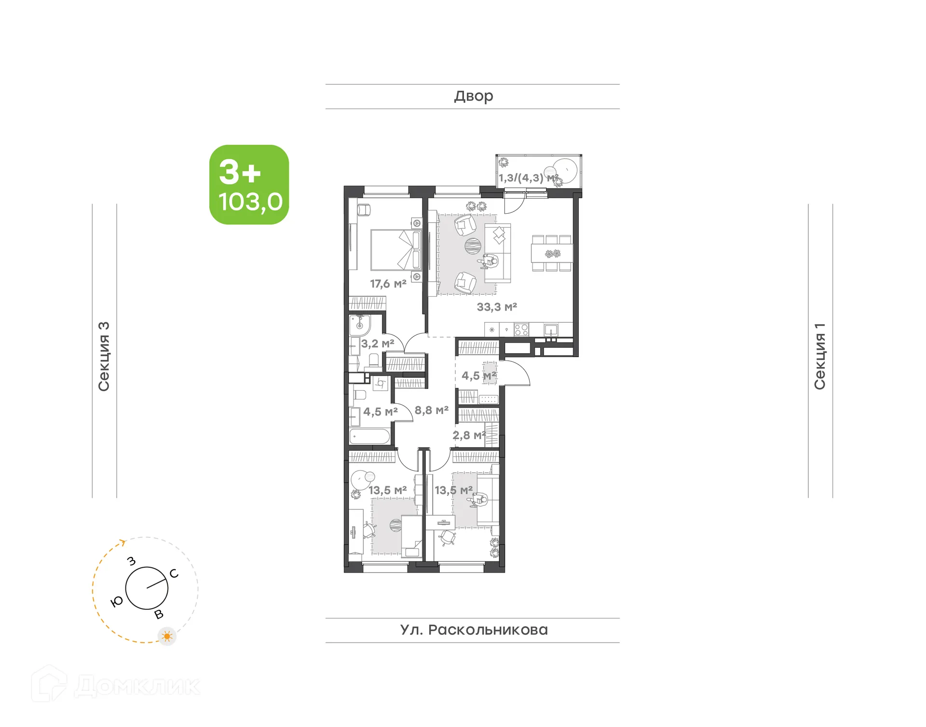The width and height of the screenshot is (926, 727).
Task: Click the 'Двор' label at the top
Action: (473, 96)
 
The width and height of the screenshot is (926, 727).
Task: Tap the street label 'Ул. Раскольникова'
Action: (474, 630)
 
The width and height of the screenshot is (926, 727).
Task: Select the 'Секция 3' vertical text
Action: (104, 356)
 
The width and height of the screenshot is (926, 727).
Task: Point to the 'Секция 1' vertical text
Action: (820, 356)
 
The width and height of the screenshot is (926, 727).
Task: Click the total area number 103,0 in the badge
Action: (250, 202)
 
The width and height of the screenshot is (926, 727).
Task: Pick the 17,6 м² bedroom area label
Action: (388, 284)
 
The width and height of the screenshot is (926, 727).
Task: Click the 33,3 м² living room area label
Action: (497, 307)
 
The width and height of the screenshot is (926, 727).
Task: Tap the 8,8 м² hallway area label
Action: (432, 410)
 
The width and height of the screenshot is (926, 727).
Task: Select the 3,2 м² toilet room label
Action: (378, 343)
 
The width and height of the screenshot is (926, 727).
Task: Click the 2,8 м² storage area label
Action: (468, 435)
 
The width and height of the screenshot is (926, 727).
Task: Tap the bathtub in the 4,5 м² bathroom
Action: (369, 436)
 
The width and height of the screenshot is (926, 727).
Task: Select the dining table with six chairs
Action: (552, 253)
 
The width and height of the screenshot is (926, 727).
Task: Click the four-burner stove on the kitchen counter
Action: (521, 330)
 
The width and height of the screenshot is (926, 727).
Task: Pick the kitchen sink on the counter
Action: (551, 330)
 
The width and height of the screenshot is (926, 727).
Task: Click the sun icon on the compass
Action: (167, 636)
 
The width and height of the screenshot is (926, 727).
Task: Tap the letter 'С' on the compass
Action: (174, 574)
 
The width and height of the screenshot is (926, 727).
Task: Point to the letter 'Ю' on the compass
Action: (116, 602)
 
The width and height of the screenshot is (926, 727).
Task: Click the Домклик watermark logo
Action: (116, 686)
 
